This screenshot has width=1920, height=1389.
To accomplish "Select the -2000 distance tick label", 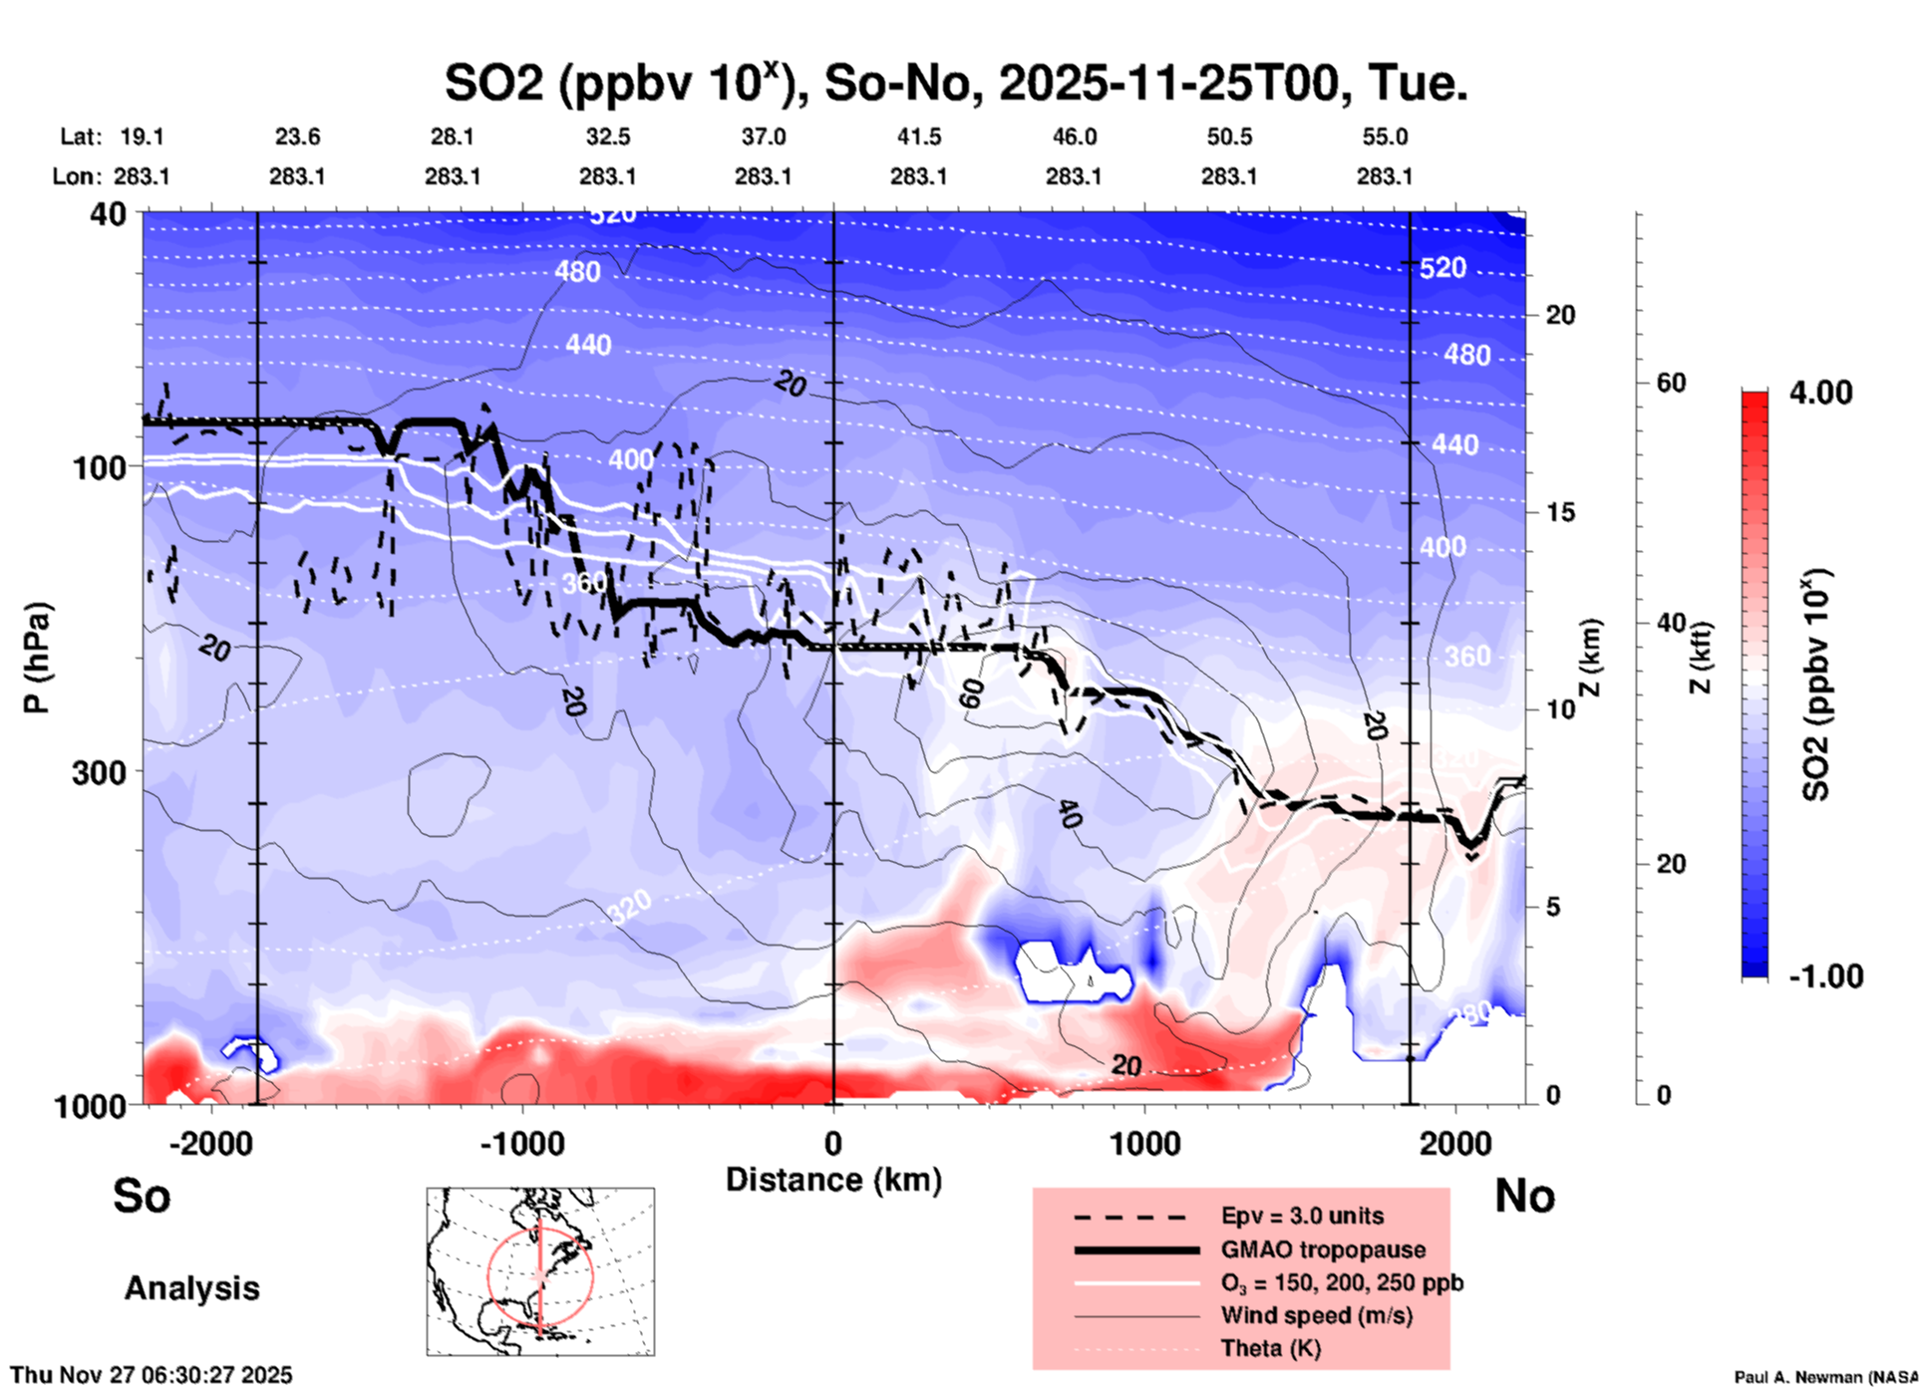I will coord(210,1144).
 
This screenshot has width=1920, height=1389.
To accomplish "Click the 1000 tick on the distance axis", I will coord(1144,1144).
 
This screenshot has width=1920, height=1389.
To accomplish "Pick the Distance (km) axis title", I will coord(833,1180).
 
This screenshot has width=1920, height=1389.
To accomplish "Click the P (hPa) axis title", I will coord(37,658).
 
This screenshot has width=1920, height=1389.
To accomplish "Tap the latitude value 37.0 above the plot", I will coord(763,138).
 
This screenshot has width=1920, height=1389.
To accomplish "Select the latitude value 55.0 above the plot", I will coord(1384,138).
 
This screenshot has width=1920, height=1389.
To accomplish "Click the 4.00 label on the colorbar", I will coord(1820,393).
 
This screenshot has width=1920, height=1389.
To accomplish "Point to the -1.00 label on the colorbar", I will coord(1825,976).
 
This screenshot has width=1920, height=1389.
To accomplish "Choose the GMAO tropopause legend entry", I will coord(1323,1250).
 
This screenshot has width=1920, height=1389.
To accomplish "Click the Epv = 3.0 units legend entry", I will coord(1302,1217).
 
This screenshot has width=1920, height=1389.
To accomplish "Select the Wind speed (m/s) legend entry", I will coord(1316,1316).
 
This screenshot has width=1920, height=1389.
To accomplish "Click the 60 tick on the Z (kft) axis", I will coord(1671,383).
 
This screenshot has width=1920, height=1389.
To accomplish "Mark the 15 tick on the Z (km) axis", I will coord(1560,512).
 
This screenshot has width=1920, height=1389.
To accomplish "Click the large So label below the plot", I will coord(142,1196).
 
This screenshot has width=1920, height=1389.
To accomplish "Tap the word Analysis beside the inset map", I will coord(191,1288).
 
